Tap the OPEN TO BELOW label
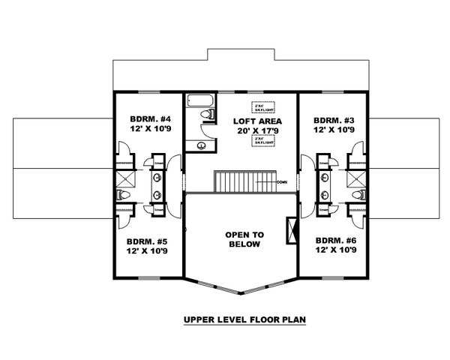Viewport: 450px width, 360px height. pyautogui.click(x=243, y=239)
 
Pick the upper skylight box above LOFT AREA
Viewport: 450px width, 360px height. pyautogui.click(x=262, y=106)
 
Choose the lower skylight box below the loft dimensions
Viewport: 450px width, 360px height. pyautogui.click(x=262, y=140)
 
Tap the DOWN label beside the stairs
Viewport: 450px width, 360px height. pyautogui.click(x=280, y=181)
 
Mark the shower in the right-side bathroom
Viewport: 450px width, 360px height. pyautogui.click(x=357, y=179)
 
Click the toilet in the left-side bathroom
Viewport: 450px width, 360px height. pyautogui.click(x=124, y=195)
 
